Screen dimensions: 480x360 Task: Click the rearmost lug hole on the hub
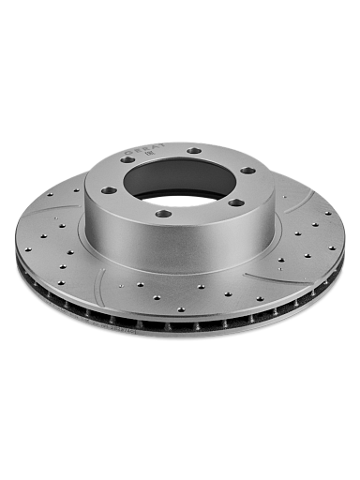(x=194, y=150)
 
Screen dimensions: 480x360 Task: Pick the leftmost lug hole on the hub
(x=109, y=190)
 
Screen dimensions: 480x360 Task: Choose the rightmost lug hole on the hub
(x=247, y=170)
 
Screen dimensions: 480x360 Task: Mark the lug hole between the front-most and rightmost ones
(x=235, y=202)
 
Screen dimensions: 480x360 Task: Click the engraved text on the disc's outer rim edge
(x=120, y=329)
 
